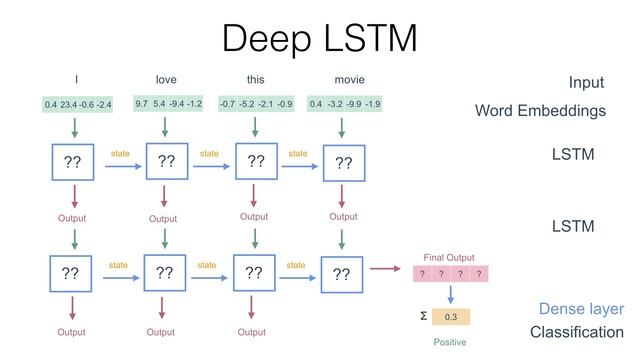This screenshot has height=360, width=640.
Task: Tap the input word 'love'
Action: coord(166,79)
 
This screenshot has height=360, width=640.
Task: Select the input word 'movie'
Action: coord(350,79)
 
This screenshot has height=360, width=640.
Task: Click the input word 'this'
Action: coord(256,79)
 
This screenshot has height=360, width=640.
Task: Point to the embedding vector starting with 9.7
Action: coord(168,103)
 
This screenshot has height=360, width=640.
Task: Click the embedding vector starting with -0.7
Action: coord(256,104)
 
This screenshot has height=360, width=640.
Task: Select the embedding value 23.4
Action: coord(68,104)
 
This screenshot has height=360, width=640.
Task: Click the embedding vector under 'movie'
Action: coord(344,104)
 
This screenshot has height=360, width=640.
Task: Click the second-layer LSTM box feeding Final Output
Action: coord(342,273)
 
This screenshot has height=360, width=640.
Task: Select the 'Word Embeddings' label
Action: coord(540,111)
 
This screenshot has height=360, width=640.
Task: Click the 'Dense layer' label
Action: coord(581,309)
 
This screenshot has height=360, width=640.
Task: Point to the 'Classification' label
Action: coord(576,332)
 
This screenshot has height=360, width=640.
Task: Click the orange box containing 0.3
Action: coord(450,317)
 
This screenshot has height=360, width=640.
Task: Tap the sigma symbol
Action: coord(423,317)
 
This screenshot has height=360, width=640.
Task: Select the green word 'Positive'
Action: coord(450,342)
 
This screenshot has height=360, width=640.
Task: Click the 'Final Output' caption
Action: coord(449,257)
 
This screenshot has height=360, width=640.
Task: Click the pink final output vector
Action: coord(450,274)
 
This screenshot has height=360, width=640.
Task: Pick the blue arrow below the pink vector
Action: coord(450,295)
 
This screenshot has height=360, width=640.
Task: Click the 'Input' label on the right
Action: coord(586,83)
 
